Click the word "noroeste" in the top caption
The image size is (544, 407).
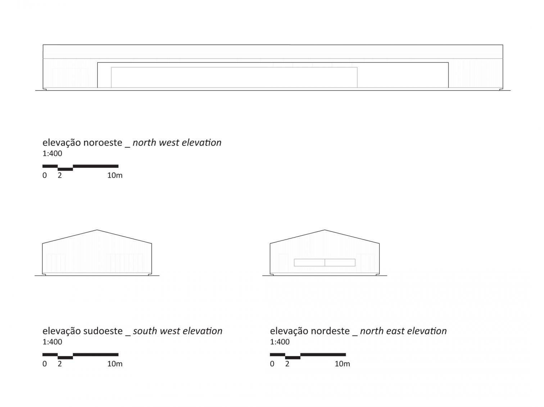[x=103, y=143]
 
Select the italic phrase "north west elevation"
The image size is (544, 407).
[x=177, y=143]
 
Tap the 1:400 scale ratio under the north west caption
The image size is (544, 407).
[x=52, y=154]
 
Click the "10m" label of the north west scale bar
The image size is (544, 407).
[x=115, y=176]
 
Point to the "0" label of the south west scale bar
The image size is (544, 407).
[x=45, y=364]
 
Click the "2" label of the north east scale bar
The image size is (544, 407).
[x=287, y=364]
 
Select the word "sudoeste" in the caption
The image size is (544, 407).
[x=103, y=331]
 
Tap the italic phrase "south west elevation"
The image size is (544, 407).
[x=178, y=331]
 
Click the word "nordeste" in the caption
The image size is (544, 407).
[x=330, y=331]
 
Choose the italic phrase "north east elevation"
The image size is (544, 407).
[x=403, y=331]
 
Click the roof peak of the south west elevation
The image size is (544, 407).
[x=97, y=230]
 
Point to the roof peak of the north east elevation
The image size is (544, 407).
[x=325, y=230]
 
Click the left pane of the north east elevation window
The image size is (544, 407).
[x=309, y=263]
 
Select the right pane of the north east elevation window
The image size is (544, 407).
[x=340, y=263]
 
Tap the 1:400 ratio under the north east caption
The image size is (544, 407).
[x=280, y=342]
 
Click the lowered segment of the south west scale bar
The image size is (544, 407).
[x=65, y=358]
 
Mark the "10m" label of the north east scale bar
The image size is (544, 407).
[x=342, y=364]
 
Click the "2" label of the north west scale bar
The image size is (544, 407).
[x=60, y=176]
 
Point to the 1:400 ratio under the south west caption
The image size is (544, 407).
[x=52, y=342]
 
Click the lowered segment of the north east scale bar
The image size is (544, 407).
[x=293, y=358]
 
